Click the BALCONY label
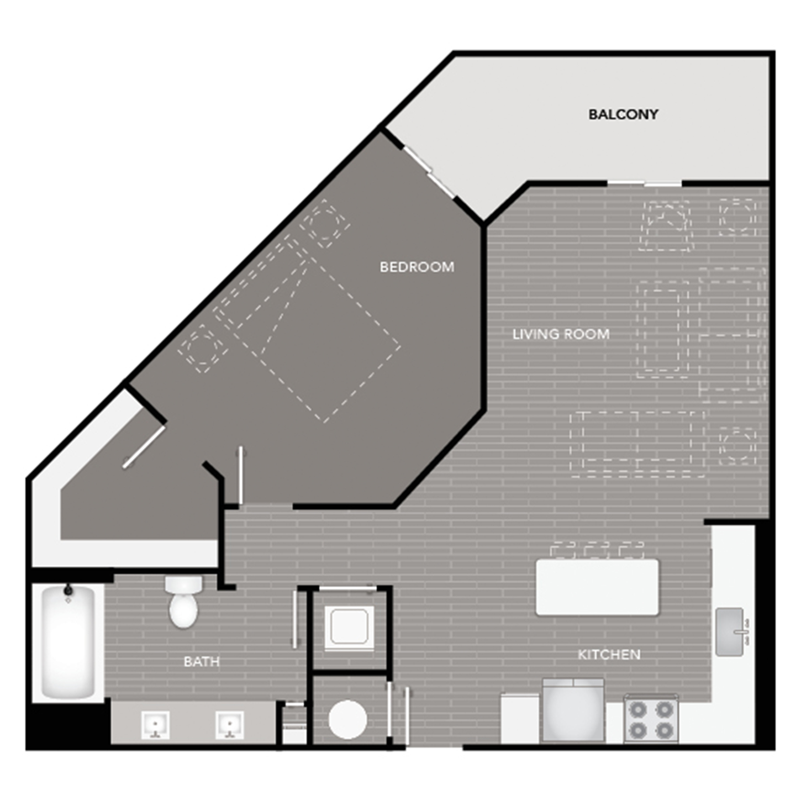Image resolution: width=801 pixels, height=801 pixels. tap(623, 114)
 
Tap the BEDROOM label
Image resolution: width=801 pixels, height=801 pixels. tap(417, 267)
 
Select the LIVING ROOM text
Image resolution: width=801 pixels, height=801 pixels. tap(561, 334)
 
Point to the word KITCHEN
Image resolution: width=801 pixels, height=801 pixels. tap(609, 655)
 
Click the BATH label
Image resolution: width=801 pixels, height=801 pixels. tap(202, 661)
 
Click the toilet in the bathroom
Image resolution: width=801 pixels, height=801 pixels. tap(183, 602)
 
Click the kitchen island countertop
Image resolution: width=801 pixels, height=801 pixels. tap(597, 587)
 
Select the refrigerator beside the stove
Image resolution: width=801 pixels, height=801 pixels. tap(573, 711)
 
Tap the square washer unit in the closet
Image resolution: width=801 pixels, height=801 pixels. tap(349, 628)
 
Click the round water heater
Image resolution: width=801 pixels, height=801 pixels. tap(347, 719)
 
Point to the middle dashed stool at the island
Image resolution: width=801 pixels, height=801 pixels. tap(597, 550)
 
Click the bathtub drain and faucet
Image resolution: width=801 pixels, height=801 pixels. tap(68, 592)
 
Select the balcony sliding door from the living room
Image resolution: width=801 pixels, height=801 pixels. tap(645, 183)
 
